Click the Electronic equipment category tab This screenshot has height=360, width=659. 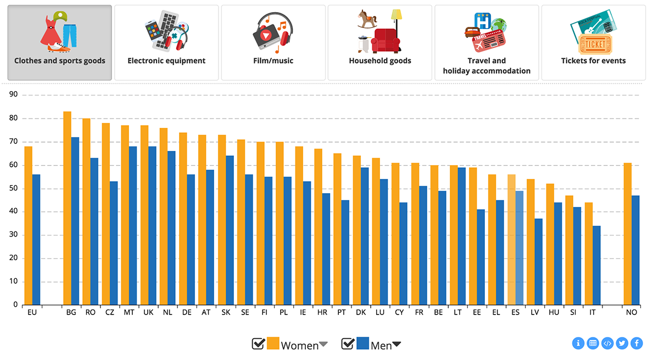[166, 43]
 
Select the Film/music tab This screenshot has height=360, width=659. [273, 43]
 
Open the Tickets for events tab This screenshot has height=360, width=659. [593, 43]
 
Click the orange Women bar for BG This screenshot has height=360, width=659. [67, 209]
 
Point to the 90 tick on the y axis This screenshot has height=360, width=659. [13, 95]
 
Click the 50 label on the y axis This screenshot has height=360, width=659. [13, 189]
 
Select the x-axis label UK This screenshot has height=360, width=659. [148, 312]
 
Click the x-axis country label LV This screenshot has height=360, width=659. [534, 312]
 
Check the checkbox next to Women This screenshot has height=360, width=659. [258, 344]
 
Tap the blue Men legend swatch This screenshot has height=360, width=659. [362, 344]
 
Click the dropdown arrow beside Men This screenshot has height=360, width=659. [396, 345]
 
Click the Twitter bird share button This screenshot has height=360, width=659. [622, 344]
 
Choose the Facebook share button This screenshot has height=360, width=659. [636, 344]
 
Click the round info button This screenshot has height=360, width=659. [578, 344]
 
